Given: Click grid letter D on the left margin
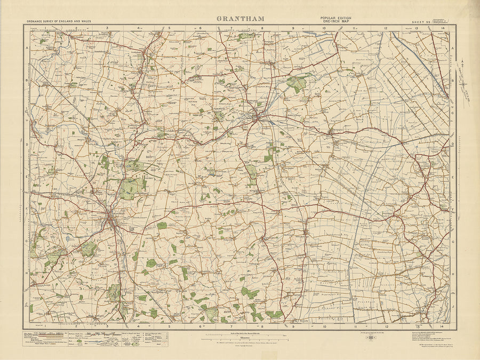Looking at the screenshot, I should pyautogui.click(x=27, y=145).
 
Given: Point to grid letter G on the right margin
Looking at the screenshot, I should pyautogui.click(x=453, y=241).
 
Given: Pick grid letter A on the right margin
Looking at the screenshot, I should pyautogui.click(x=453, y=48).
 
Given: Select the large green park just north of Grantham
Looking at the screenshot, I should pyautogui.click(x=131, y=187).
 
